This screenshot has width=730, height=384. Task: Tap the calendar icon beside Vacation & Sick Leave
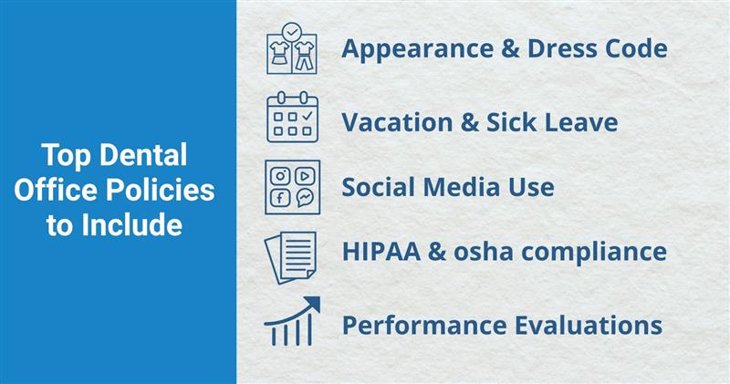[292, 117]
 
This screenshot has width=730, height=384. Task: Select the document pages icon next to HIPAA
[291, 257]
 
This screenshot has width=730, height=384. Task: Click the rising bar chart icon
[292, 321]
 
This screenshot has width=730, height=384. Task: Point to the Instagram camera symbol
[280, 176]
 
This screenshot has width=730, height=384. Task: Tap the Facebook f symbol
[280, 198]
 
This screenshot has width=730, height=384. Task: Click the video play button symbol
[305, 176]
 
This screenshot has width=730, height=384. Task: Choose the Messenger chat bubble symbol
[305, 198]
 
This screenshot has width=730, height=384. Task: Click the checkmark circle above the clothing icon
[292, 32]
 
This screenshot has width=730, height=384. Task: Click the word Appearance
[418, 49]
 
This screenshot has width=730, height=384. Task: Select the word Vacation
[397, 122]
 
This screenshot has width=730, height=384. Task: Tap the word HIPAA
[381, 252]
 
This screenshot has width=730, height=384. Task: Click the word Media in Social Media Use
[461, 187]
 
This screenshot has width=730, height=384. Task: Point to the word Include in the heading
[131, 225]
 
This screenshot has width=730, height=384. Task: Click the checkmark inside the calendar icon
[307, 116]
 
